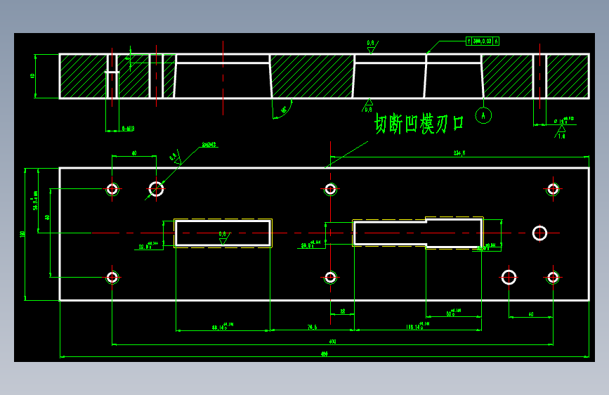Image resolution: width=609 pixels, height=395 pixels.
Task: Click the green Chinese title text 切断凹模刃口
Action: [x=419, y=124]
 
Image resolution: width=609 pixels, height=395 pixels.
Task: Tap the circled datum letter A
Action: [x=483, y=115]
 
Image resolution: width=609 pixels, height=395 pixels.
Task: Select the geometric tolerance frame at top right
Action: [x=483, y=41]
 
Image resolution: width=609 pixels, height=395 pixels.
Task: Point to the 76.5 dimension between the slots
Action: [x=311, y=327]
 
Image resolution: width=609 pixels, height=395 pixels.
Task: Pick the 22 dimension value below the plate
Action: [x=342, y=311]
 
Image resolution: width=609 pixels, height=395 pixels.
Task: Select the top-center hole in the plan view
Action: [x=330, y=188]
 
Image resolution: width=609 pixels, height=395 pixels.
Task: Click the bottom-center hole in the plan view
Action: [x=330, y=278]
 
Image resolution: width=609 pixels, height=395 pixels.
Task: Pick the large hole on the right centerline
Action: [x=539, y=233]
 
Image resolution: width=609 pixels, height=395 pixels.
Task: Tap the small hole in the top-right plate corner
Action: [x=553, y=188]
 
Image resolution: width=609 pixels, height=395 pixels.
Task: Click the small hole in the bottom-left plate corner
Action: [x=112, y=277]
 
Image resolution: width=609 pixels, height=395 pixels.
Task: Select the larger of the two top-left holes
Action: [x=156, y=188]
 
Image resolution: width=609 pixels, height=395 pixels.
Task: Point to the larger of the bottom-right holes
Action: [x=509, y=277]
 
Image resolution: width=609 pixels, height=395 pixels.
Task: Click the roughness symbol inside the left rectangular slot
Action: [x=223, y=237]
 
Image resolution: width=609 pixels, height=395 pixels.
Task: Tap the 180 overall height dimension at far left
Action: [x=23, y=233]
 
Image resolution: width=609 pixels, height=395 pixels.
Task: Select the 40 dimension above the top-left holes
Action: [x=133, y=152]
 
